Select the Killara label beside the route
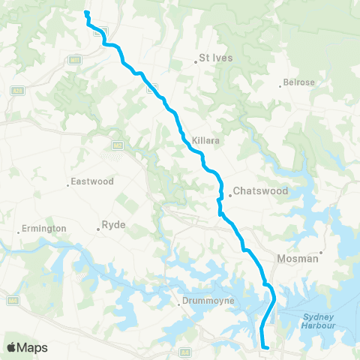[205, 140]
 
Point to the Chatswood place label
[260, 191]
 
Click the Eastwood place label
[91, 181]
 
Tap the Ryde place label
[114, 224]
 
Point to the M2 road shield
[118, 145]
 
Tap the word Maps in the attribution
[33, 347]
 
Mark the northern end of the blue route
[86, 12]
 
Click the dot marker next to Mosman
[321, 252]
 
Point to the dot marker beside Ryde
[98, 225]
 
